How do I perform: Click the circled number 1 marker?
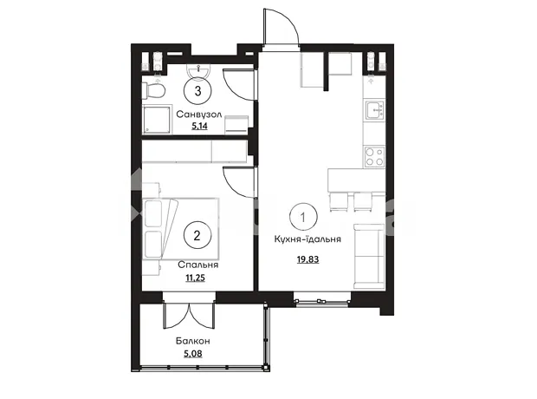point(303,217)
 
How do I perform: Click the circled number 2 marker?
point(197,236)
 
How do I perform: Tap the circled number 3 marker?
point(197,91)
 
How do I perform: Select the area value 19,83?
point(307,259)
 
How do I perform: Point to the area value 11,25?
point(195,278)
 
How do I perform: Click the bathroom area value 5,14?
point(199,126)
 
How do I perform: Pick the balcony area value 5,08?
point(193,353)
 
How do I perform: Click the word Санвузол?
point(199,114)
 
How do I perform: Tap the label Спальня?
point(198,265)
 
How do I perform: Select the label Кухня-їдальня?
point(307,239)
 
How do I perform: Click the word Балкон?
point(193,341)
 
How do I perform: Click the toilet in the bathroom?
point(154,90)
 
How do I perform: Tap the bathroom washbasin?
point(198,71)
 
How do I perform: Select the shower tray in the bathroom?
point(157,120)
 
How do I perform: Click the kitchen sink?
point(375,110)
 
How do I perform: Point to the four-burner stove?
point(374,156)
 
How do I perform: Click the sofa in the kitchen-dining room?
point(369,256)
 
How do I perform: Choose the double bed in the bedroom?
point(180,229)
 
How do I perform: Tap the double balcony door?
point(189,316)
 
